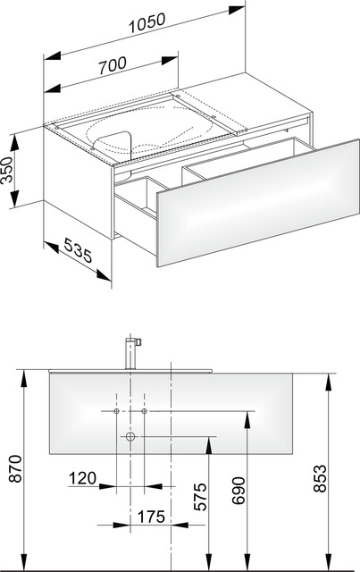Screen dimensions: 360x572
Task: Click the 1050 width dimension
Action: pos(147,23)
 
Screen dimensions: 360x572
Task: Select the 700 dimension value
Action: pos(113,65)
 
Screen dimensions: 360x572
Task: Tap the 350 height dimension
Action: pos(6,170)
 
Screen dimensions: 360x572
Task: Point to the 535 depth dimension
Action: pos(78,250)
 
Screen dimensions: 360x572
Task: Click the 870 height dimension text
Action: pos(16,468)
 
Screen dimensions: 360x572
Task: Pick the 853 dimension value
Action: pos(320,478)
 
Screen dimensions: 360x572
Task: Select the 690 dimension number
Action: pos(239,491)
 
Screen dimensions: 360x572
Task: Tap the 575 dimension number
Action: pos(200,497)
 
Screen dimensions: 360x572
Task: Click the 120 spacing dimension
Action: pos(83,478)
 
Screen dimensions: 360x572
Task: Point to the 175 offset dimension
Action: pos(151,517)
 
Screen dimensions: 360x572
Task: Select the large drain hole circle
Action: pos(130,436)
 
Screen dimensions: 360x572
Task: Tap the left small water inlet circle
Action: pos(116,411)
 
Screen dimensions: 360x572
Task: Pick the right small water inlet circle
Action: pos(144,411)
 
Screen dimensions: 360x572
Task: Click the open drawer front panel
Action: pos(258,203)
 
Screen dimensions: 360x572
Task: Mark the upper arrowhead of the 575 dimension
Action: pos(209,445)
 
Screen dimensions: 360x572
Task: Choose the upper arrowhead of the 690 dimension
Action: pos(247,420)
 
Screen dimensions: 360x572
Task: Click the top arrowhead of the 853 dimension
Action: pos(328,383)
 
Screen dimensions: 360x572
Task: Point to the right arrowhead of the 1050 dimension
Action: pos(237,10)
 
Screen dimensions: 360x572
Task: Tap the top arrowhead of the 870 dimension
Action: pos(24,378)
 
